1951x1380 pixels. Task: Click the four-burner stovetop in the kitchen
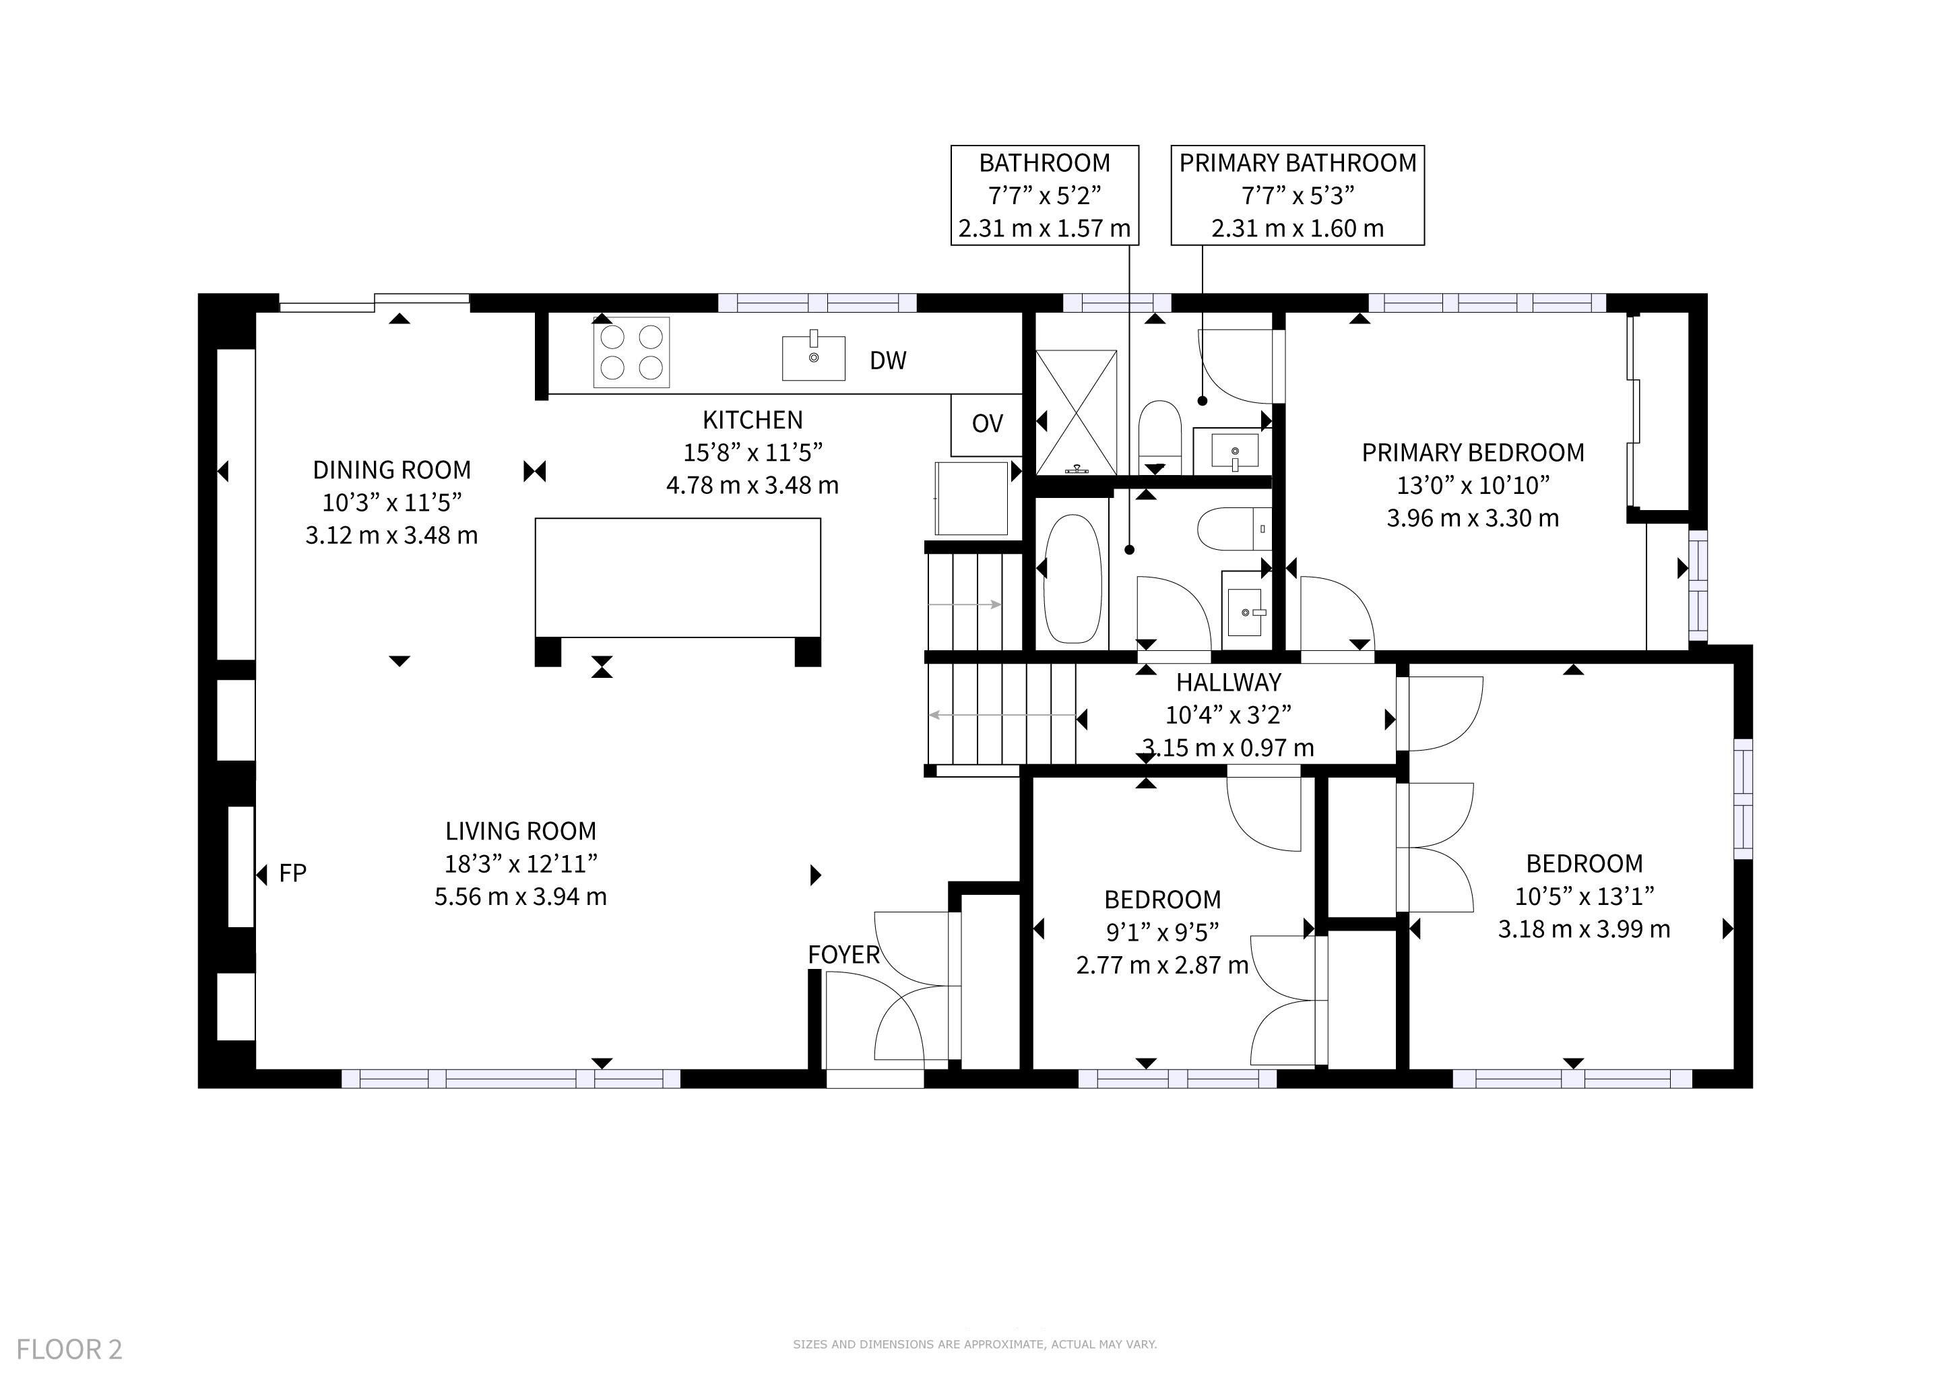pyautogui.click(x=631, y=352)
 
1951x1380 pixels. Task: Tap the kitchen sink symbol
pyautogui.click(x=813, y=358)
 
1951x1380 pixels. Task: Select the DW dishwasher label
pyautogui.click(x=888, y=360)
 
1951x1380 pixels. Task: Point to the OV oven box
pyautogui.click(x=986, y=424)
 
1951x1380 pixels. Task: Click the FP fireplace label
pyautogui.click(x=292, y=873)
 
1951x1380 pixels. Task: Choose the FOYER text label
pyautogui.click(x=843, y=954)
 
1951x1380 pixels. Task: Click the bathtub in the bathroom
pyautogui.click(x=1073, y=579)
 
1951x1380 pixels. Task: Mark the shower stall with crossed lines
pyautogui.click(x=1076, y=412)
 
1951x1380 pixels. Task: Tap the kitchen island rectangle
pyautogui.click(x=678, y=578)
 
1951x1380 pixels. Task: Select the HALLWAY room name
pyautogui.click(x=1228, y=683)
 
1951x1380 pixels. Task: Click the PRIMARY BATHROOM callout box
pyautogui.click(x=1298, y=195)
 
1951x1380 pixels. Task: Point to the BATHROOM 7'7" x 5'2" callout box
pyautogui.click(x=1044, y=195)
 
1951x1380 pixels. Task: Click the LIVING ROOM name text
pyautogui.click(x=521, y=831)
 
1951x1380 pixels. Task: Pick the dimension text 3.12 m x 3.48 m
pyautogui.click(x=391, y=535)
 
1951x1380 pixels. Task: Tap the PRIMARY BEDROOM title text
pyautogui.click(x=1473, y=453)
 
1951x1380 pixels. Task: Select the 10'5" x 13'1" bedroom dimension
pyautogui.click(x=1584, y=896)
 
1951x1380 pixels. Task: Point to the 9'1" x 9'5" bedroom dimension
pyautogui.click(x=1161, y=931)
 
